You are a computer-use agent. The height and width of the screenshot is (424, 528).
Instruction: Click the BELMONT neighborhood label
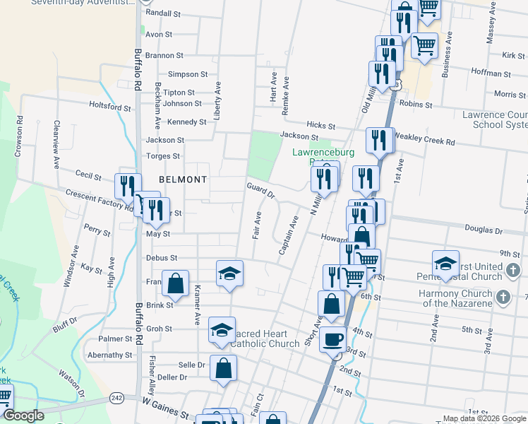pos(183,179)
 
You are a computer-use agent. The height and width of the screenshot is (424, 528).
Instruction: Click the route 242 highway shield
pos(117,399)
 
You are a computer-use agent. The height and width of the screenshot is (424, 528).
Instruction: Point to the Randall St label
pos(163,13)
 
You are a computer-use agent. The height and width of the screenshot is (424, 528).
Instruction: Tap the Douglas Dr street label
pos(484,230)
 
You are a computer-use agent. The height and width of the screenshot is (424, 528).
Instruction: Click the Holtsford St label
pos(110,107)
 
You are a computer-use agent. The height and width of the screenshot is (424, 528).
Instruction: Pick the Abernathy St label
pos(109,355)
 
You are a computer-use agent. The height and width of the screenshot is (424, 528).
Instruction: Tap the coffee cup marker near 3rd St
pos(332,338)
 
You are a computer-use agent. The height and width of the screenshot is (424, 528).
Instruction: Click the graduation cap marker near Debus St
pos(229,273)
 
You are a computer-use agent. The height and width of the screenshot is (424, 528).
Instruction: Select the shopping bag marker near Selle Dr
pos(223,367)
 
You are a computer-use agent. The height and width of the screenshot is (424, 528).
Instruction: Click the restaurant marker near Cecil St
pos(128,186)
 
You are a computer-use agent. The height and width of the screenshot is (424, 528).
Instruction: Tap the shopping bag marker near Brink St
pos(175,283)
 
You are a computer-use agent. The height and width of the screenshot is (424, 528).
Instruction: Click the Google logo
pos(23,416)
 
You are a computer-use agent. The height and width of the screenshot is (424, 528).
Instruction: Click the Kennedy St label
pos(186,122)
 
